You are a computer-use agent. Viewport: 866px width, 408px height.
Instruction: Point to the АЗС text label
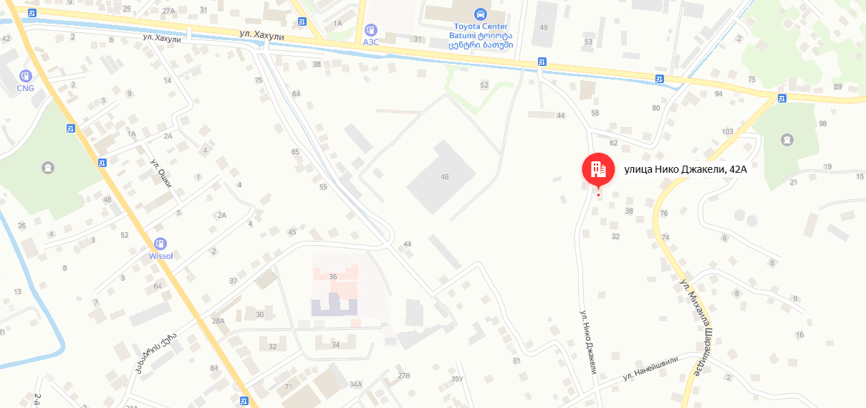pos(370,42)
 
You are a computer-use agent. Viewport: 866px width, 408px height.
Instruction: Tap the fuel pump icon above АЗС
pos(370,29)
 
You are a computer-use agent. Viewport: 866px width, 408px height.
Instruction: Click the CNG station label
pos(26,88)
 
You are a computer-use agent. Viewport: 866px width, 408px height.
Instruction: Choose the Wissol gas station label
pos(160,256)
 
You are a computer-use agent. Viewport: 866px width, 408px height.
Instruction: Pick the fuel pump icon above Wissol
pos(160,244)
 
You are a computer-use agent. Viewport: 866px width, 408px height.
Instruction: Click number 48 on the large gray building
pos(445,176)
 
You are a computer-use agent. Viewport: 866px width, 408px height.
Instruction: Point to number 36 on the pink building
pos(332,276)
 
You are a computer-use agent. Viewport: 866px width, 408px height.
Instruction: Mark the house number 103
pos(728,131)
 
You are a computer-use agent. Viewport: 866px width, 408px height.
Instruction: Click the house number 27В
pos(404,376)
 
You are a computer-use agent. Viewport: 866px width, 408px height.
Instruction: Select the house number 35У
pos(458,379)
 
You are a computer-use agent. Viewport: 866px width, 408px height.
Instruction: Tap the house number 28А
pos(218,321)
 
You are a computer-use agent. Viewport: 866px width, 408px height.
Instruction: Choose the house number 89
pos(838,87)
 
